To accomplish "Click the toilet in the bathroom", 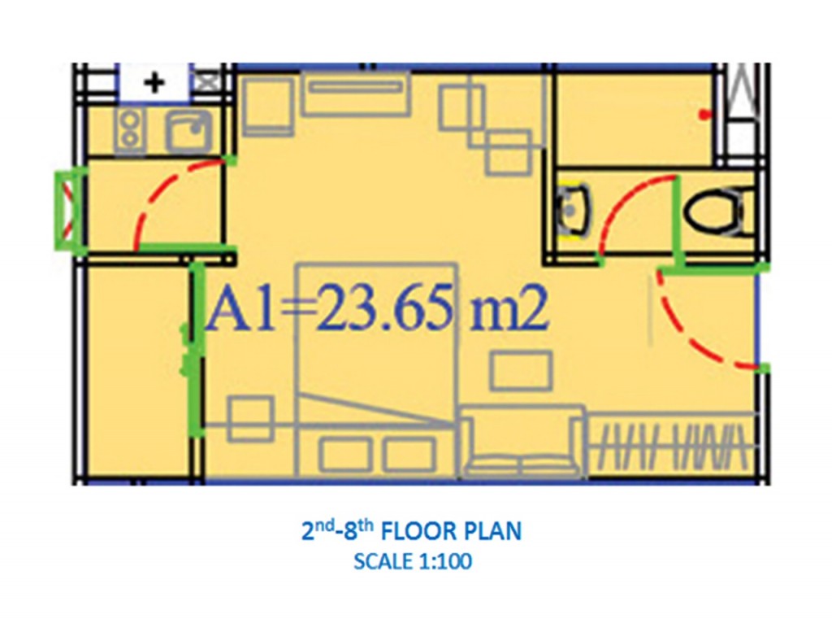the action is (717, 212).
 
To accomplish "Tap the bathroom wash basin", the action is (572, 210).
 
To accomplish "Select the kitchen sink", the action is (188, 132).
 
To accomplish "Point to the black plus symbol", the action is (154, 83).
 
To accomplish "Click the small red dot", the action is (704, 115).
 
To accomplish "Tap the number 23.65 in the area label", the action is (384, 307).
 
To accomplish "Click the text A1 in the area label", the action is (241, 308).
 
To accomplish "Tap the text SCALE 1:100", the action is (413, 561).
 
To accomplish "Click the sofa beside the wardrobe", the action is (522, 442).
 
